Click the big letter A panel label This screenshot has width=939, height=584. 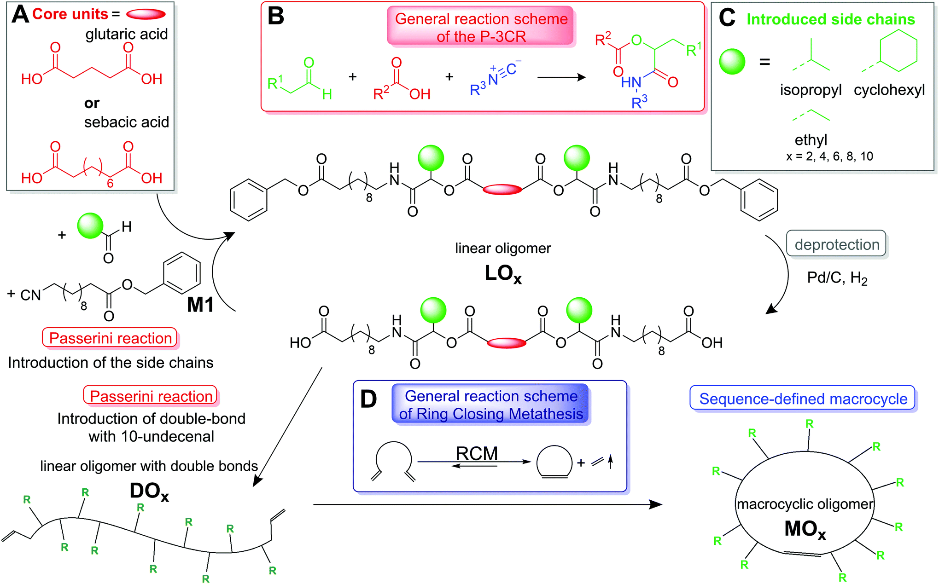20,14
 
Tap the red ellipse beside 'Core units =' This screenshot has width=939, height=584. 146,14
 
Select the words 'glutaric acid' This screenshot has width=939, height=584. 127,34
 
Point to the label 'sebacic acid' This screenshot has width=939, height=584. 127,122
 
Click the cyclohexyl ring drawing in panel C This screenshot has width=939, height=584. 898,51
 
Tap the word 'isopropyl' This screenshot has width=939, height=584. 811,90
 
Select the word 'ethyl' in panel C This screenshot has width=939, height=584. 811,139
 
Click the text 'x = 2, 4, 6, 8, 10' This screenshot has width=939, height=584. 829,156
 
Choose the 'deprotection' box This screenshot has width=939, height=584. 837,244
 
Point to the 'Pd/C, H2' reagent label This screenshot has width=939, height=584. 837,278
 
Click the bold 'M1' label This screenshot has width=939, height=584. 200,305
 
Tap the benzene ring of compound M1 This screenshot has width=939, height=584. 182,273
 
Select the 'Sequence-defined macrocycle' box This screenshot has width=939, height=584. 803,399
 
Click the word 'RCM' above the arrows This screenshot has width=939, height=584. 477,453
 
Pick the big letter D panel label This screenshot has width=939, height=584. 368,399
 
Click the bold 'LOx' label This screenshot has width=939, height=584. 503,274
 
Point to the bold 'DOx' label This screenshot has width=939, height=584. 149,491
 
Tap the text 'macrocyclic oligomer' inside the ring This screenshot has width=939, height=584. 805,504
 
